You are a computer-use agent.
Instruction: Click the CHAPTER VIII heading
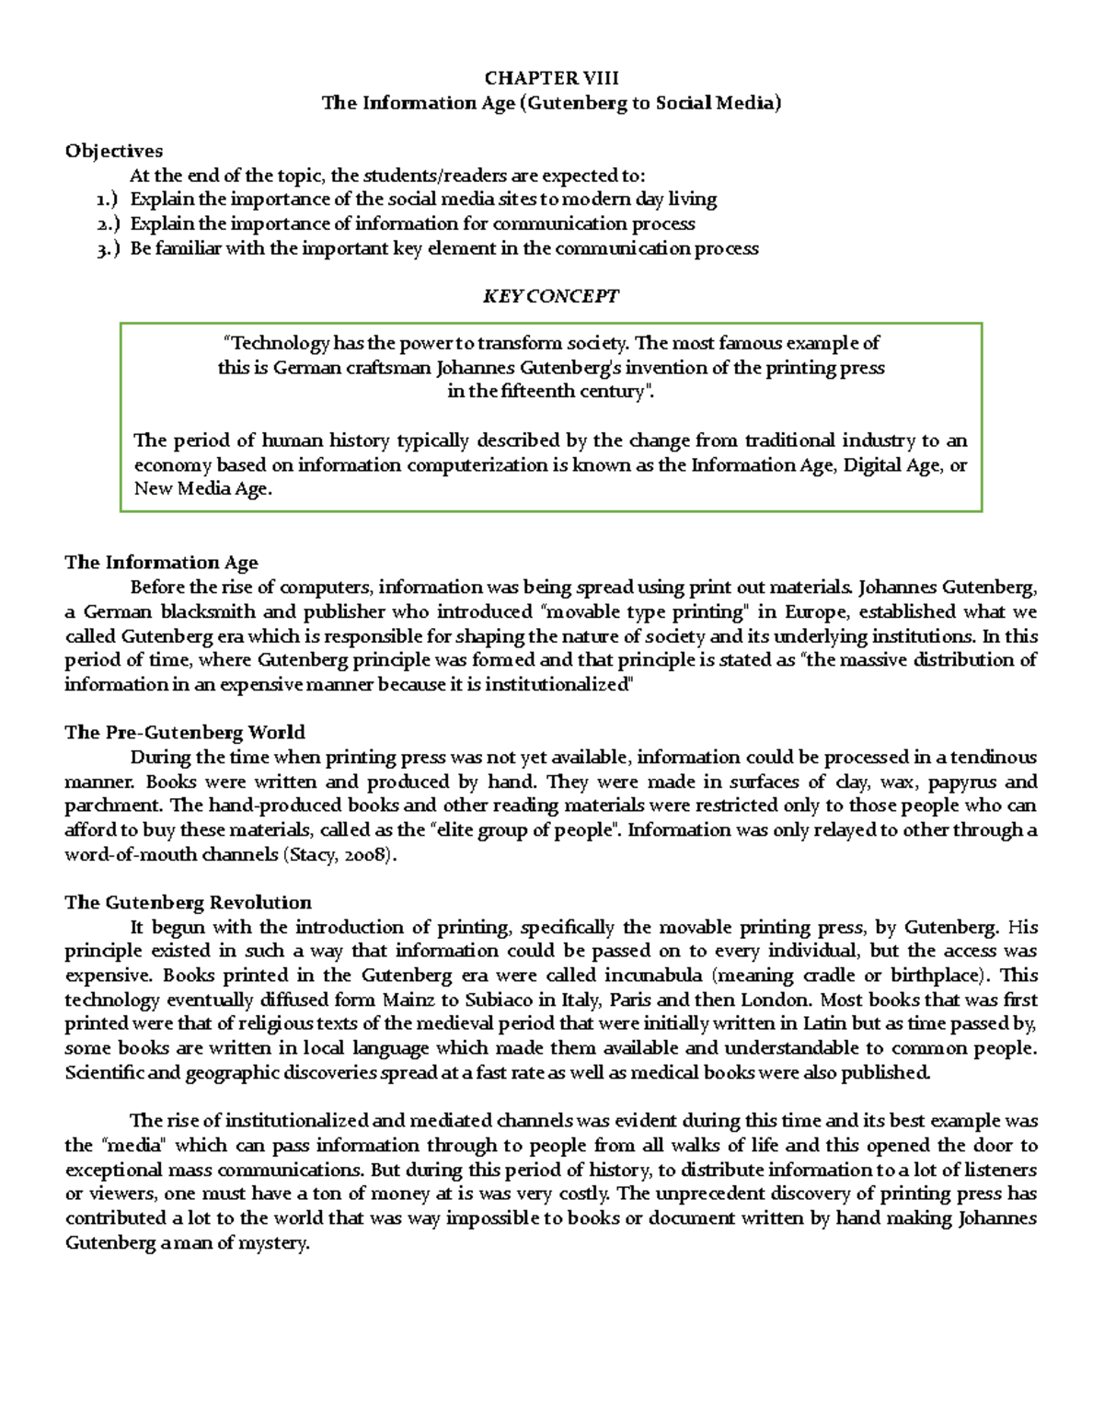point(551,78)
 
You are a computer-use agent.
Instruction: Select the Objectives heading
point(113,151)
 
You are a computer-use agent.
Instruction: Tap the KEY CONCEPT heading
point(551,296)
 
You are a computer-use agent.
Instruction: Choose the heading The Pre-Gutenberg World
point(184,733)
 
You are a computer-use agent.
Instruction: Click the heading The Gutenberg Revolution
point(188,902)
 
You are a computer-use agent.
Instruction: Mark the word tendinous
point(993,758)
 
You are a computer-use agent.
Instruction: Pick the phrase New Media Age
point(203,489)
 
